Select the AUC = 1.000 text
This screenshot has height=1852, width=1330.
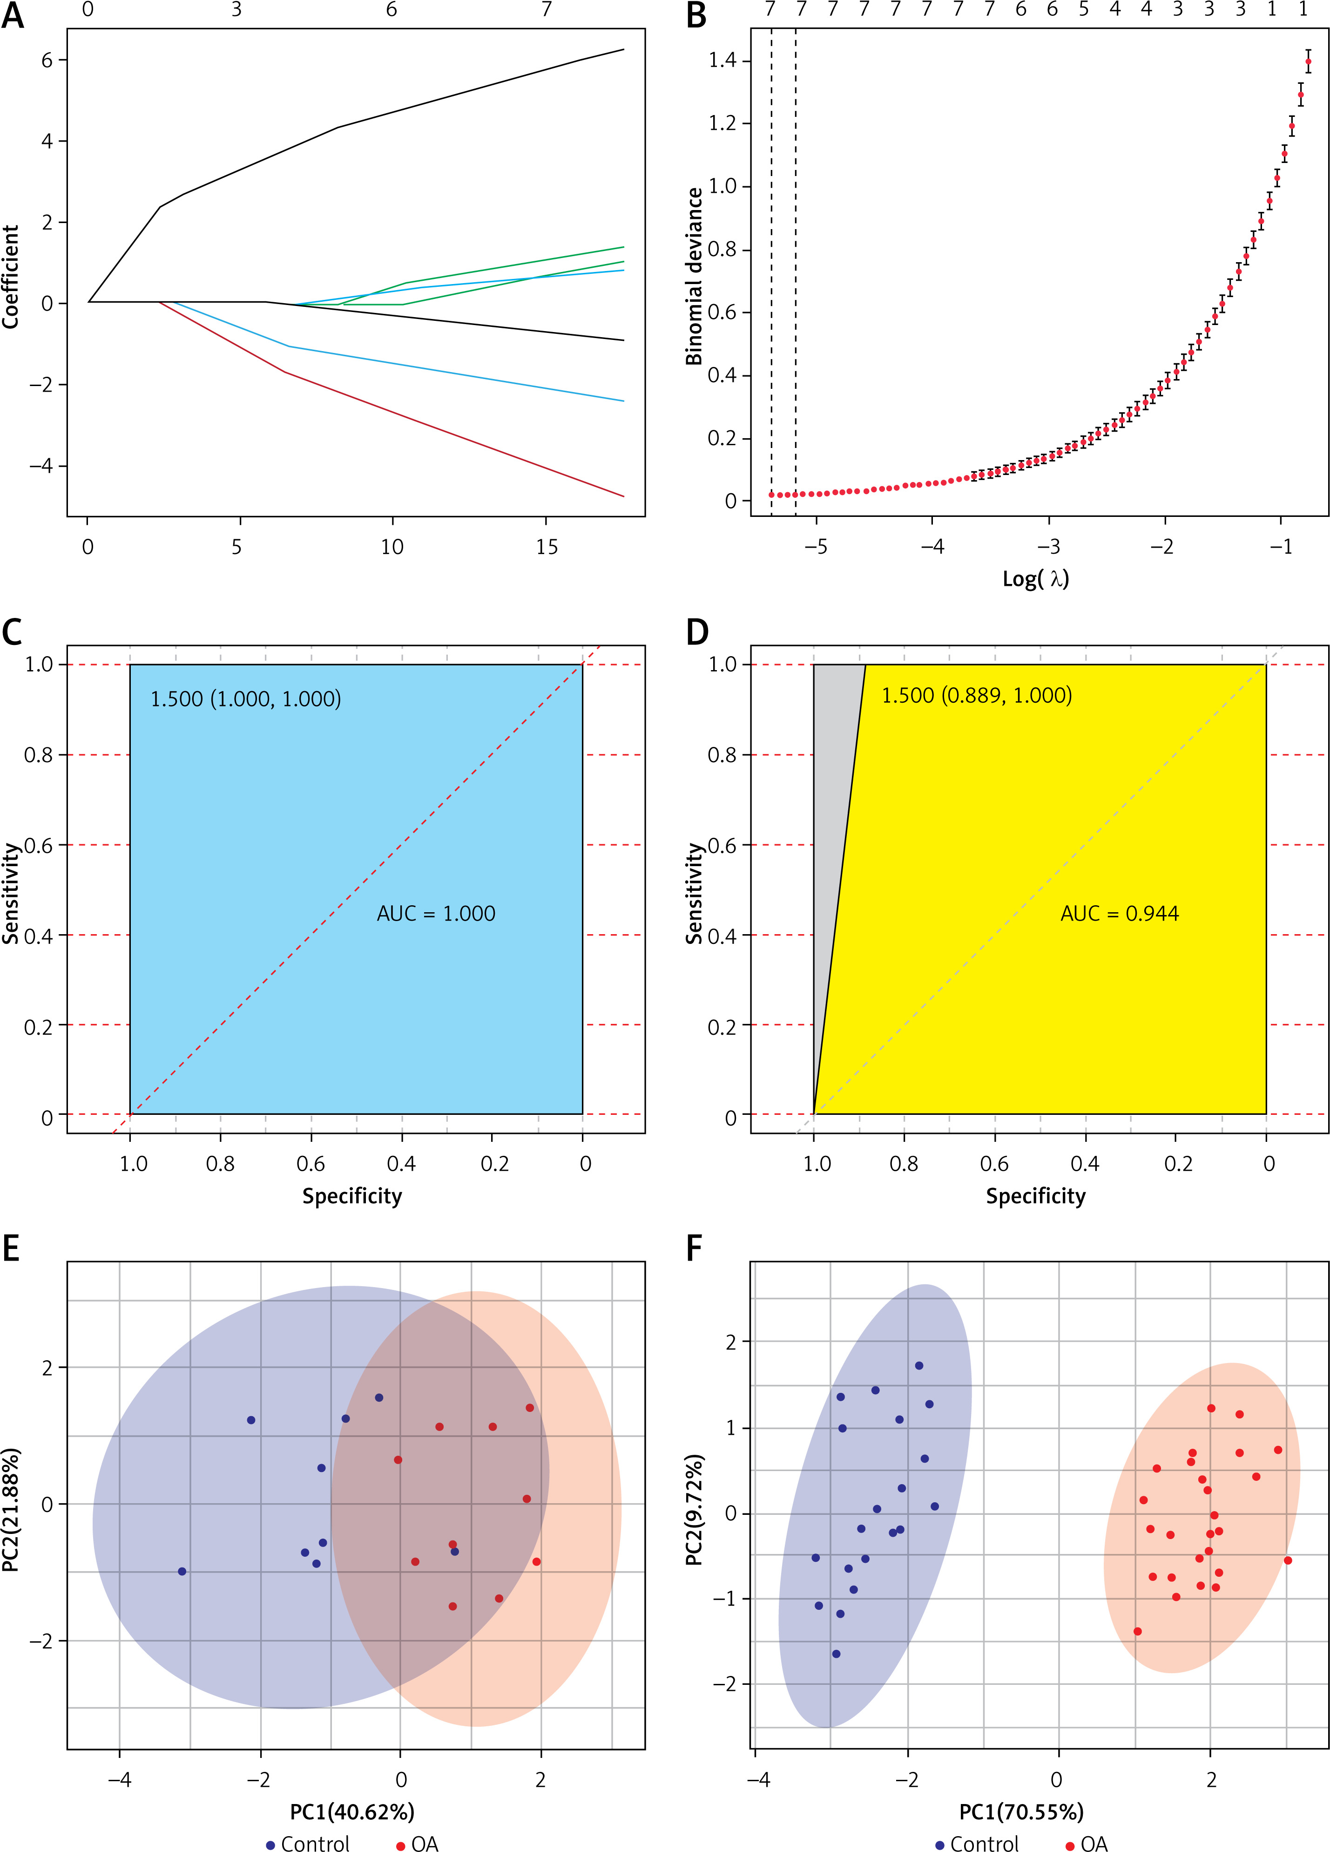(x=436, y=914)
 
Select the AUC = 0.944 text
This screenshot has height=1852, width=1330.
(x=1120, y=914)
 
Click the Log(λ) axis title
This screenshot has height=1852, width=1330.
(x=1035, y=579)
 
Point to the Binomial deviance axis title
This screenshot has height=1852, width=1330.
(x=694, y=276)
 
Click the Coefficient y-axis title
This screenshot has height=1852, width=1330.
(x=11, y=276)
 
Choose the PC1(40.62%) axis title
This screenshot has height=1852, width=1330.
(x=352, y=1812)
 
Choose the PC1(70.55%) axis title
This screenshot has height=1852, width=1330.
(x=1020, y=1812)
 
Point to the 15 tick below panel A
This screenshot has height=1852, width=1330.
(x=546, y=547)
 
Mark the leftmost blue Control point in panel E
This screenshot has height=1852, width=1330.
(x=182, y=1571)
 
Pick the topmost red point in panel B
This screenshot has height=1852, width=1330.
(x=1308, y=61)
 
